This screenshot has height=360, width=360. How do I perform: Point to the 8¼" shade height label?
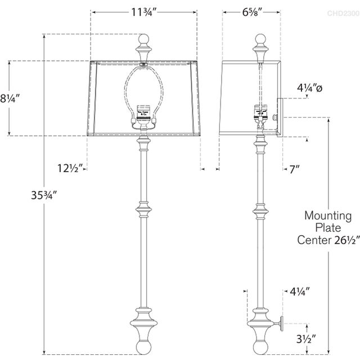(10, 98)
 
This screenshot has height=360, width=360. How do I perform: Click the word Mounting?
(328, 215)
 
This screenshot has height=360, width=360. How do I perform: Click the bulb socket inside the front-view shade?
(144, 112)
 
